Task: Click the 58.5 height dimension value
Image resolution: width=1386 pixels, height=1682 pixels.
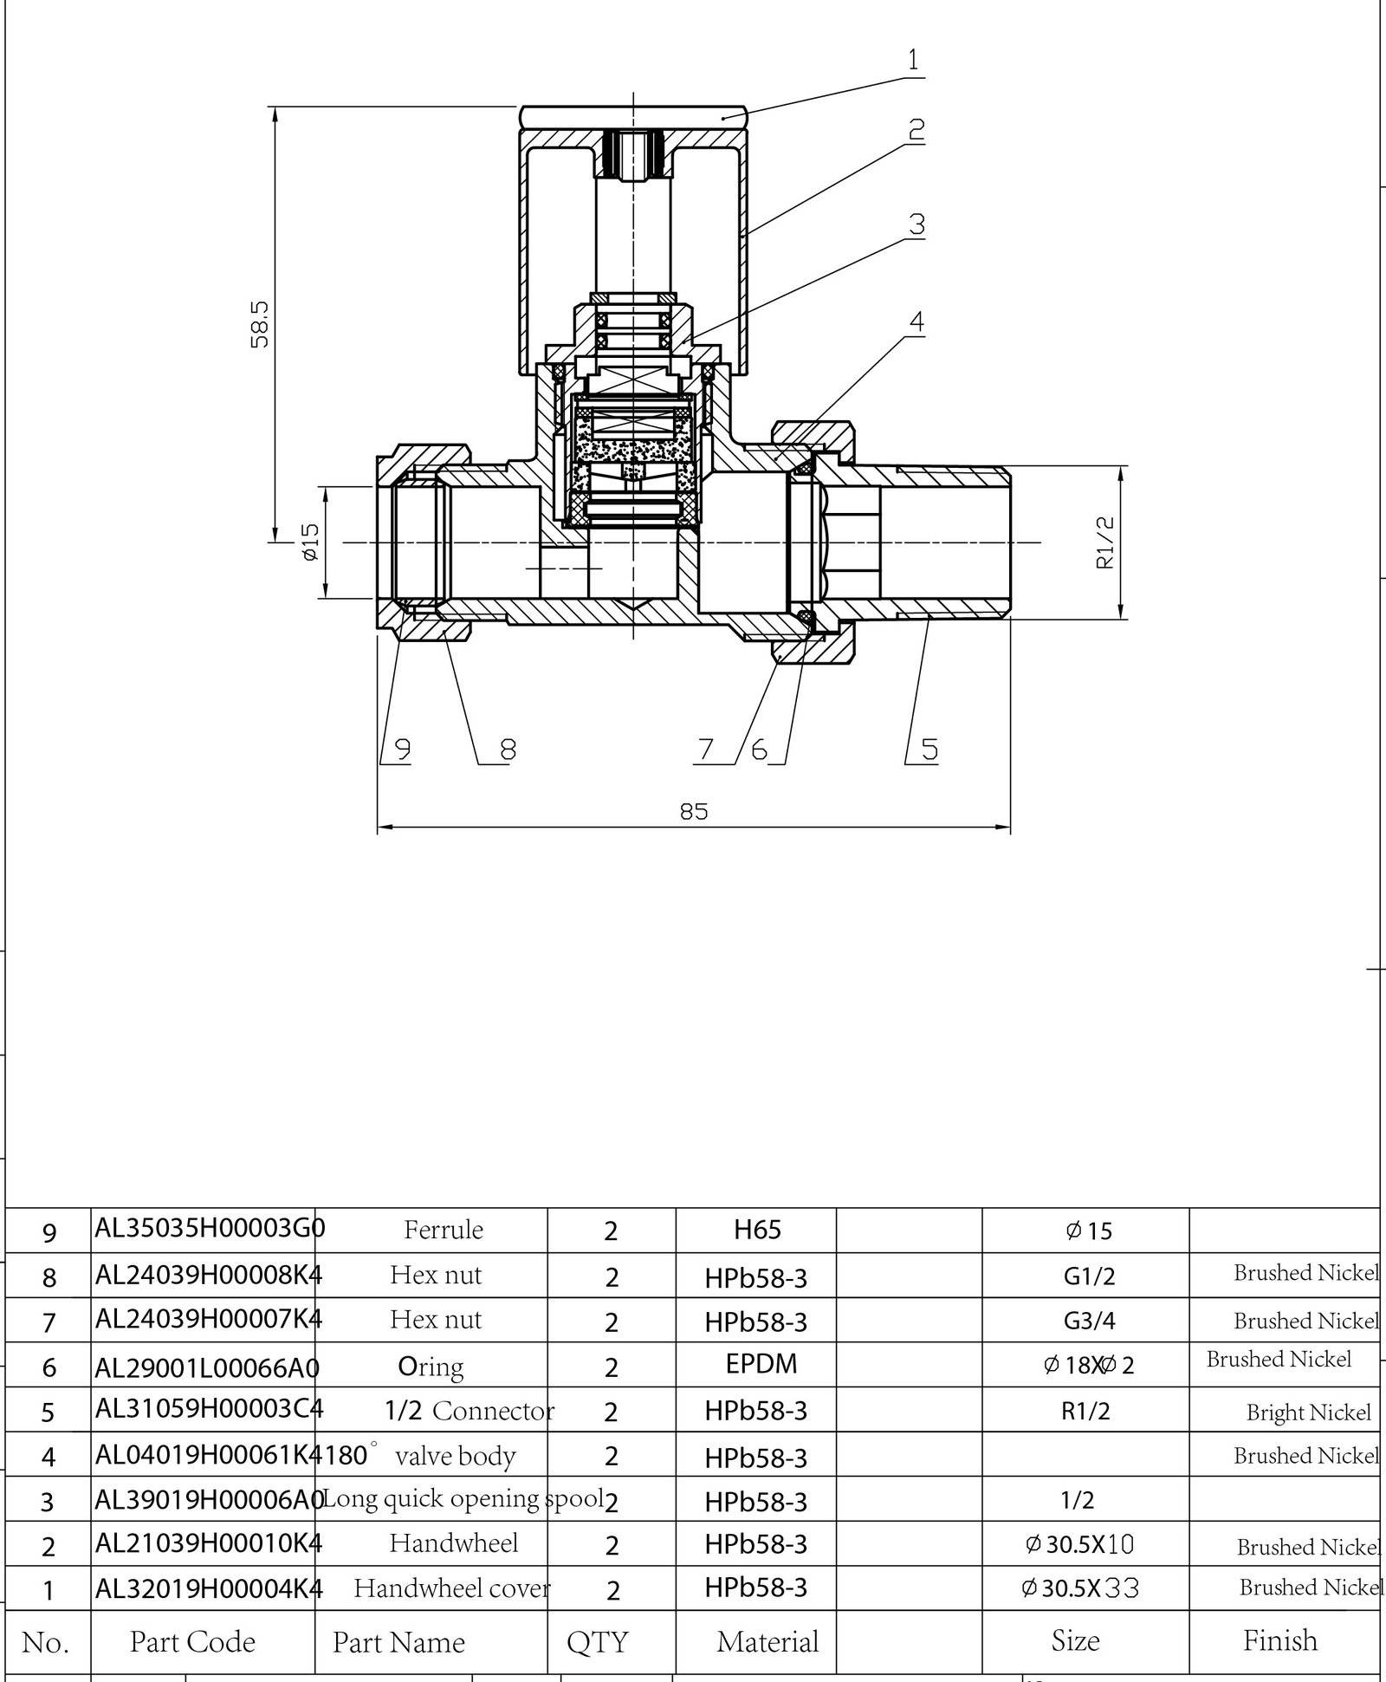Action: (260, 324)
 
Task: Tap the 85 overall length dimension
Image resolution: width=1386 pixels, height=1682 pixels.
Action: (693, 811)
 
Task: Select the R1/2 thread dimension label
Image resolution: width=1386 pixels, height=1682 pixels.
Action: (1105, 542)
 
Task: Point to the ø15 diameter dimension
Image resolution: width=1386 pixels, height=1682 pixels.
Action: (311, 542)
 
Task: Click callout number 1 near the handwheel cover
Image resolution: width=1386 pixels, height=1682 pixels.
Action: (912, 61)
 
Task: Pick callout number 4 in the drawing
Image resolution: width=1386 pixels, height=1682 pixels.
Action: (916, 321)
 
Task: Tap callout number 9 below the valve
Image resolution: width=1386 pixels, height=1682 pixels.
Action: (402, 748)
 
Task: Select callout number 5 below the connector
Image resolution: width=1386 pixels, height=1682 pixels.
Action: (929, 749)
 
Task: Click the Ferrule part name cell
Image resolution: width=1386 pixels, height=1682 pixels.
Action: (443, 1229)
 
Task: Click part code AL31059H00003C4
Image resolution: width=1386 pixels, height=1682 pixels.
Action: (208, 1408)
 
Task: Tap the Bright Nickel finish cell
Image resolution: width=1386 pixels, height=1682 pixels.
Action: (1308, 1412)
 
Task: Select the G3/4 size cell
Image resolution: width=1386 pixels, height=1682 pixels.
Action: (1087, 1320)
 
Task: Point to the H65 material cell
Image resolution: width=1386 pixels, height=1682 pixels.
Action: (757, 1229)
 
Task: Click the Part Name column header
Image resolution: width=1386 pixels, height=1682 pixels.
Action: (398, 1642)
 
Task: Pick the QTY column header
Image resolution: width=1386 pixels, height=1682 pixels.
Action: (597, 1642)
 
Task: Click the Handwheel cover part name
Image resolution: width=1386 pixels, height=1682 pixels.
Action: (451, 1588)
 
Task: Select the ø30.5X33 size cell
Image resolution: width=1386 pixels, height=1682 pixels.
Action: (1080, 1588)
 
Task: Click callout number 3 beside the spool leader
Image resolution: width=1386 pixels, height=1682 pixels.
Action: (916, 224)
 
